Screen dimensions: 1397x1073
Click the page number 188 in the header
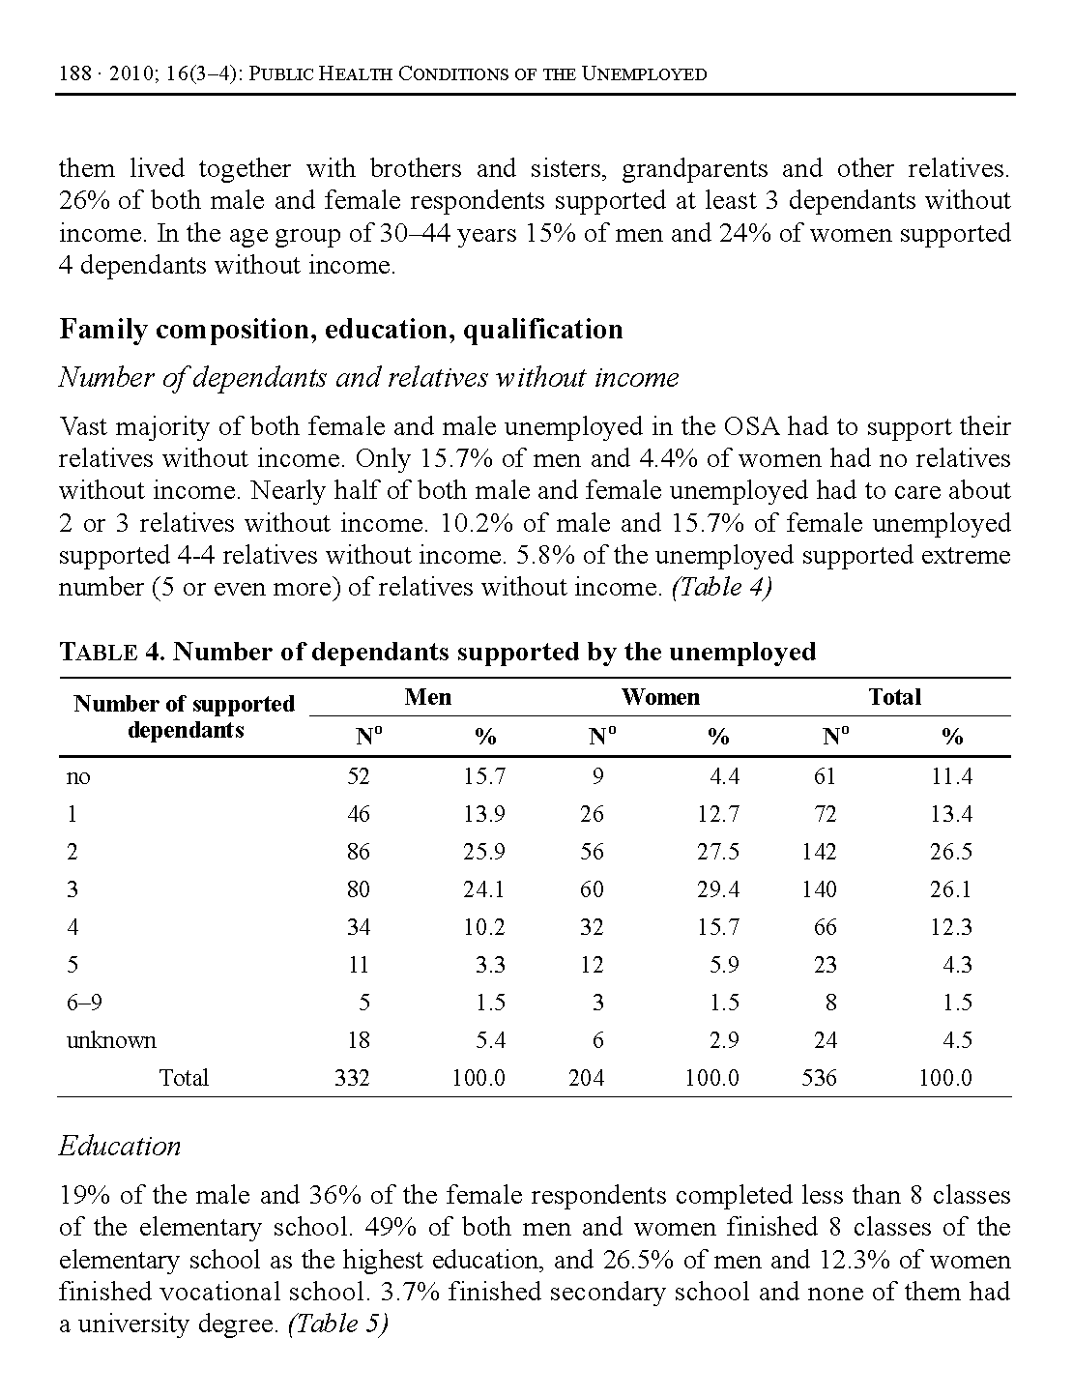pos(73,74)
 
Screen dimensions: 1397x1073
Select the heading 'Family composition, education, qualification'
pos(340,330)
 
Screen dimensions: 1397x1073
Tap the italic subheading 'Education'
pos(120,1147)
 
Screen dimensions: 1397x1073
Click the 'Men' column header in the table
pos(427,697)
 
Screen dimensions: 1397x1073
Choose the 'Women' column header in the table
pos(660,697)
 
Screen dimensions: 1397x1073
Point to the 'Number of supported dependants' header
pos(184,716)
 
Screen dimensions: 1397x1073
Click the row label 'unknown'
pos(111,1040)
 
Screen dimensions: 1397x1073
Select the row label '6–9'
pos(84,1003)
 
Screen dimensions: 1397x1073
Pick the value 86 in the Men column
pos(359,852)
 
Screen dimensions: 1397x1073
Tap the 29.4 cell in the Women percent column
pos(718,889)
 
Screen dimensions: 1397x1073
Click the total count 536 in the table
pos(819,1078)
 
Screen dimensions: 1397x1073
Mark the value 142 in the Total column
pos(819,852)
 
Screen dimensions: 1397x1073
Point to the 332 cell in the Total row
pos(352,1078)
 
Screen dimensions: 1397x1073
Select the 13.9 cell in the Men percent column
pos(483,814)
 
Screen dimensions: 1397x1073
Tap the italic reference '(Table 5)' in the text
pos(337,1324)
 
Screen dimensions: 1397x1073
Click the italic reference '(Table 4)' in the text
pos(721,588)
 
